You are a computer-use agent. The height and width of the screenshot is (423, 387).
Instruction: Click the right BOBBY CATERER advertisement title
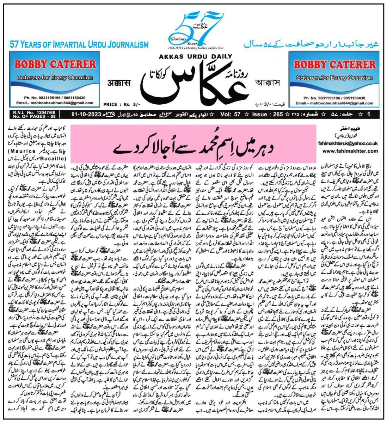334,65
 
